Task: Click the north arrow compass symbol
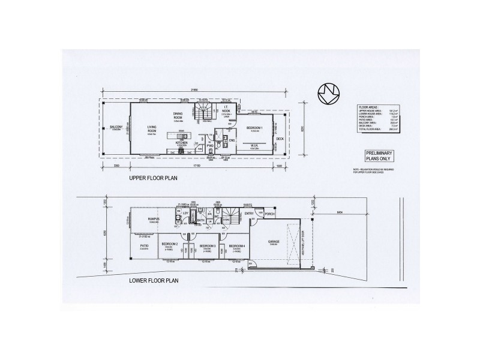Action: (329, 94)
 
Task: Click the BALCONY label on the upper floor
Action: (116, 127)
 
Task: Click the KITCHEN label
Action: (182, 143)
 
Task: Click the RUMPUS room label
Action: (154, 220)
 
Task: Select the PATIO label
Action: (145, 246)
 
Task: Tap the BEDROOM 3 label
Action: (208, 246)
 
